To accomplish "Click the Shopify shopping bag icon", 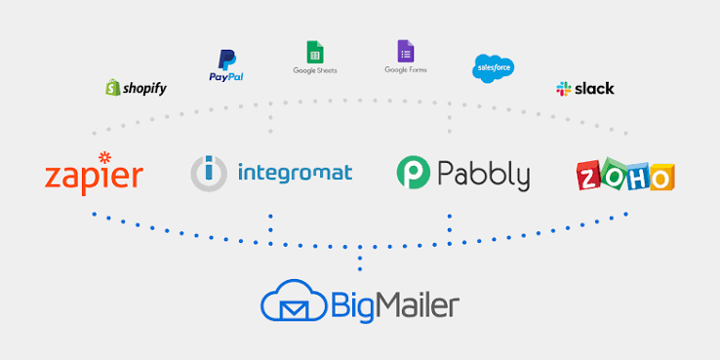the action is pos(113,87).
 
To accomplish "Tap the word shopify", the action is pos(144,89).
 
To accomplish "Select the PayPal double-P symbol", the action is pos(227,60).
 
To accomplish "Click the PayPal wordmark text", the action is pos(226,77).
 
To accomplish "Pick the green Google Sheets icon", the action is pos(315,52).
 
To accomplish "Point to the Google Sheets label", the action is pos(315,70).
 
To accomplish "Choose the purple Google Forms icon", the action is pos(406,51).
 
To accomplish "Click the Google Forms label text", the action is pos(406,70).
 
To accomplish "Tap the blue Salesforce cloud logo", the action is pos(493,68).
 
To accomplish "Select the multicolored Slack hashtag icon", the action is pos(564,89).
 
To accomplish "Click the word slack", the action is pos(594,88).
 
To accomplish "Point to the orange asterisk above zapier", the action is pos(104,157).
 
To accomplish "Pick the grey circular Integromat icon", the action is pos(209,174).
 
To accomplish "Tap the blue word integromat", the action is pos(296,173).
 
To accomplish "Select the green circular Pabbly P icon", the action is pos(414,172).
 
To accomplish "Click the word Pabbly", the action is pos(483,175).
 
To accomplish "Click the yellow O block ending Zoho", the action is pos(661,177).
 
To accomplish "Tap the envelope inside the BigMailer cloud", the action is pos(295,311).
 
